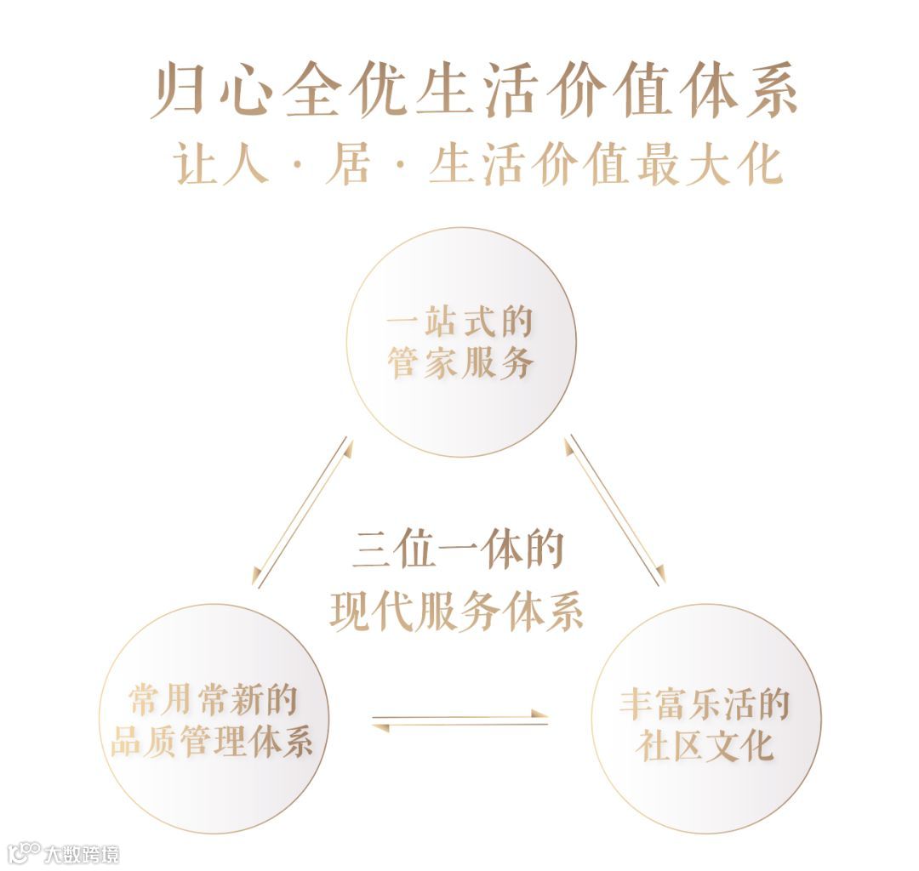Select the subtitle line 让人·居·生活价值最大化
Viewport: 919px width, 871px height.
[x=478, y=164]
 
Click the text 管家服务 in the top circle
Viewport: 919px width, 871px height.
[x=461, y=363]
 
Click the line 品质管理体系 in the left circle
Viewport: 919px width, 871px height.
[x=213, y=741]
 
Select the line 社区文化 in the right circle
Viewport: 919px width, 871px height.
[x=705, y=746]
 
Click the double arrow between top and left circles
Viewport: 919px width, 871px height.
[x=303, y=512]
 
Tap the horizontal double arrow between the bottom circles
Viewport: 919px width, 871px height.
[x=459, y=720]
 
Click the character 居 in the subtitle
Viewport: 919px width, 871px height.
[x=347, y=164]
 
